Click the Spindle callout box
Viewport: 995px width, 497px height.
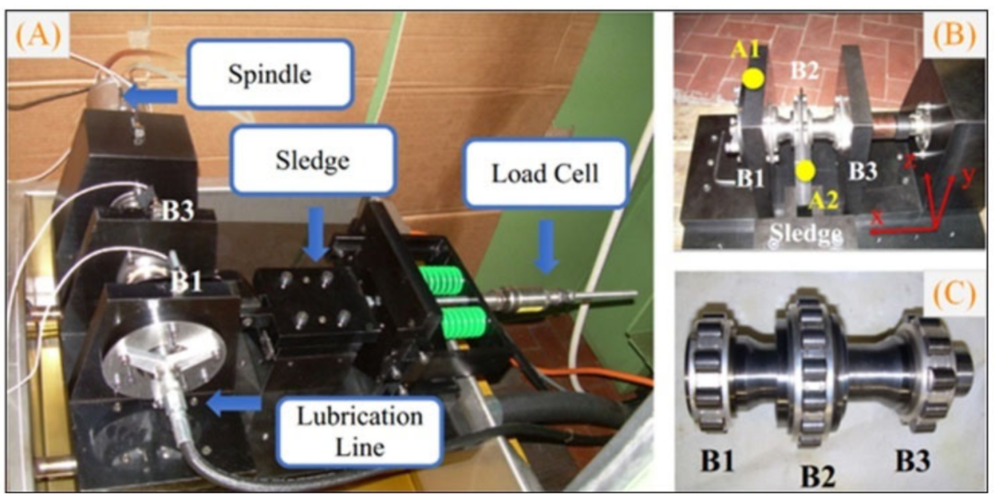tap(270, 74)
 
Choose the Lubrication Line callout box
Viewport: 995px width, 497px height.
tap(359, 431)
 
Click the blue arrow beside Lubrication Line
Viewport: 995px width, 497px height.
tap(235, 404)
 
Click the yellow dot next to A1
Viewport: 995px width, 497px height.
tap(753, 78)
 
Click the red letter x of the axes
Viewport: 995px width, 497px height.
tap(878, 217)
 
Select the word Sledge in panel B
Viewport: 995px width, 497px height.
tap(806, 234)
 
